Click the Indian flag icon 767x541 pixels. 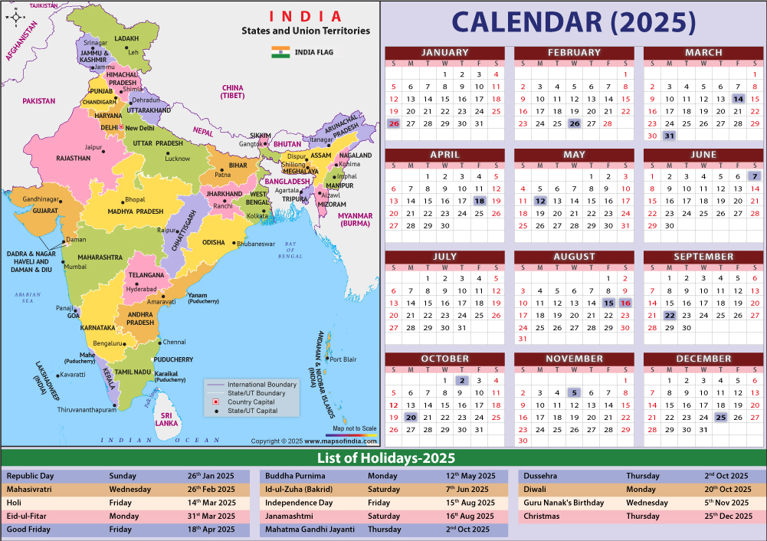[280, 52]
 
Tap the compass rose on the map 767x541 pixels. [15, 17]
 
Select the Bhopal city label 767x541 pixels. [135, 199]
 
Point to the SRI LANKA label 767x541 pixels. [166, 418]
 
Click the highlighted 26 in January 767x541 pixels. [394, 123]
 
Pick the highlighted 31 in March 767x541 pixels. [669, 136]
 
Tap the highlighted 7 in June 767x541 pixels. [755, 176]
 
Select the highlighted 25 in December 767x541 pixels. [720, 417]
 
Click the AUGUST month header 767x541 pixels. [574, 257]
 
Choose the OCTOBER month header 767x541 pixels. [444, 359]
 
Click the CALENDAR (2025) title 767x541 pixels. [573, 22]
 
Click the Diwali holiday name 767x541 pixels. [536, 489]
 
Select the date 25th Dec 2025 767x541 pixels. [727, 516]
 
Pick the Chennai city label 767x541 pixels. [174, 342]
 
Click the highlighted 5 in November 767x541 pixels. [574, 392]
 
